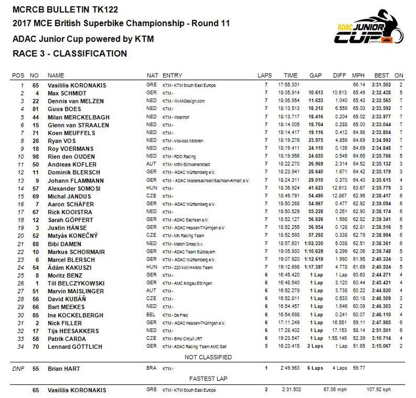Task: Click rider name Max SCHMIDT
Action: [x=67, y=92]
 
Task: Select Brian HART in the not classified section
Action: [x=63, y=369]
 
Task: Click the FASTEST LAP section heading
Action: [x=208, y=379]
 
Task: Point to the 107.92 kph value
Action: [x=379, y=390]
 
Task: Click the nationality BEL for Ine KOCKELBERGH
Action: [x=151, y=314]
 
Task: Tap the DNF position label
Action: [x=19, y=369]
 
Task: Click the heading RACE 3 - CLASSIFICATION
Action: [x=70, y=54]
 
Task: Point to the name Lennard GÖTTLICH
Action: [x=74, y=345]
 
